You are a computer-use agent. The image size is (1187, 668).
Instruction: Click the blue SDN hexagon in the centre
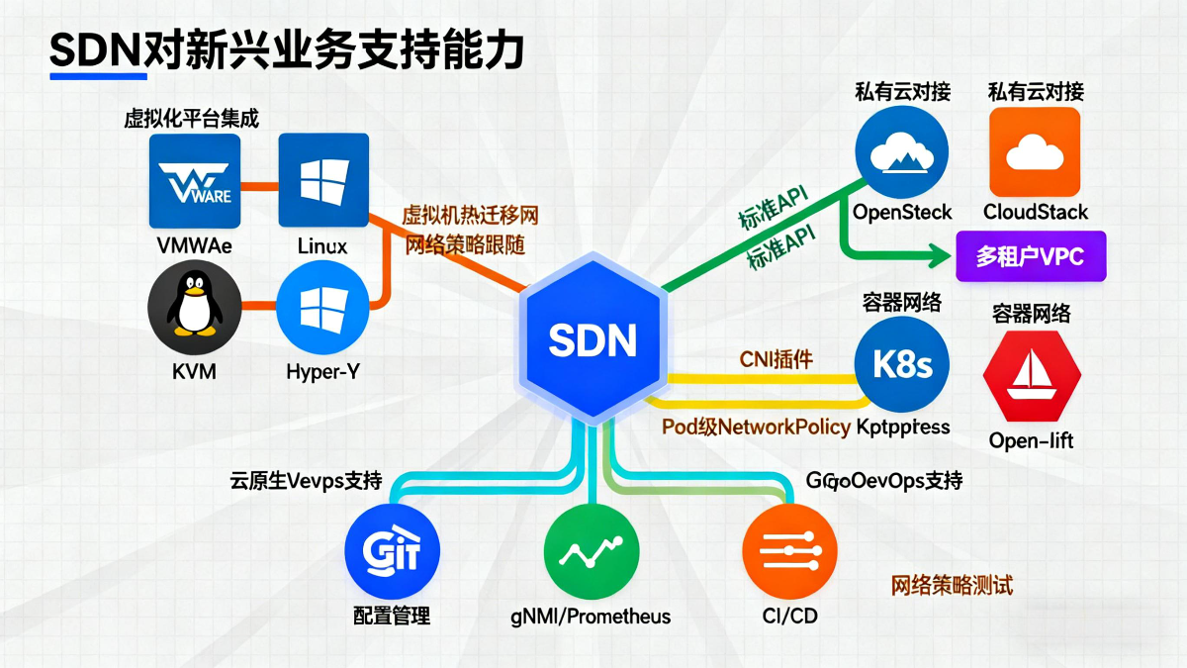[593, 339]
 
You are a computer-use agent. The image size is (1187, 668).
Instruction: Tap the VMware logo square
[195, 181]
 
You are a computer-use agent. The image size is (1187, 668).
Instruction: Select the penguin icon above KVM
[195, 308]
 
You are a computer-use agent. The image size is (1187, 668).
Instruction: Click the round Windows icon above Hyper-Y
[323, 308]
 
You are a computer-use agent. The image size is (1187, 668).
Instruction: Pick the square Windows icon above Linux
[323, 181]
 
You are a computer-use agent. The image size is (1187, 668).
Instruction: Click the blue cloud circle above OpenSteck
[902, 151]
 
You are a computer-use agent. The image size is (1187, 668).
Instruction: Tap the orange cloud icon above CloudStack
[1036, 151]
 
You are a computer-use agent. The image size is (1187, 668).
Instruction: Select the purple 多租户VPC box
[1031, 256]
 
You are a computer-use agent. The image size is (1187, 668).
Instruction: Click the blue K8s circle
[902, 365]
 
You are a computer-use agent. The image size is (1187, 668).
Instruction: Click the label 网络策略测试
[952, 585]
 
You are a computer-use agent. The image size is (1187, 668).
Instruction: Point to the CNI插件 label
[776, 359]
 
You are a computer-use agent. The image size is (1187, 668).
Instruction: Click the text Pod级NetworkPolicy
[756, 427]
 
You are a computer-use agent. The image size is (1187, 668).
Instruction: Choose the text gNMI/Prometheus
[591, 617]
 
